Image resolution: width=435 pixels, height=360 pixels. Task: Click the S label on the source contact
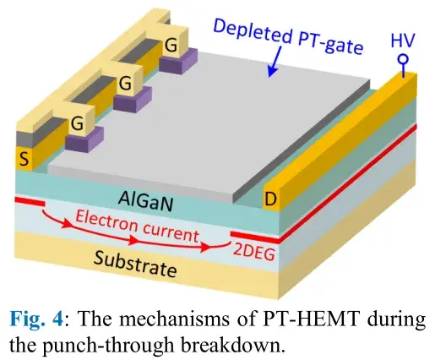tap(24, 158)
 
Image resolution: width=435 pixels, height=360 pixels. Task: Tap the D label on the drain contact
tap(270, 199)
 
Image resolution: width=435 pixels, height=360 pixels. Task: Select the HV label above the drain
tap(403, 41)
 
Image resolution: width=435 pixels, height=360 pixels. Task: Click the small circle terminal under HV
tap(403, 59)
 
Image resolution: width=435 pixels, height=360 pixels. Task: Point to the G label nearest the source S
tap(77, 123)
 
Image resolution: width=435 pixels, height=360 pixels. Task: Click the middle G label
tap(125, 84)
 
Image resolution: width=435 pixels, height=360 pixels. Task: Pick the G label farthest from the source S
tap(171, 45)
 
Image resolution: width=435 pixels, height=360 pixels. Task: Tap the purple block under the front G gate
tap(84, 139)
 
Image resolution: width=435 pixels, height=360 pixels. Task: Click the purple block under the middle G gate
tap(133, 100)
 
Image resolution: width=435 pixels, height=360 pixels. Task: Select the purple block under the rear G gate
tap(178, 61)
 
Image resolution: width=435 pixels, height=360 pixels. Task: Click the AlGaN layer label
tap(145, 200)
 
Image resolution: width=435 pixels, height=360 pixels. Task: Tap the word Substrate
tap(135, 264)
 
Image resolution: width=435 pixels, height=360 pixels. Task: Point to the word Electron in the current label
tap(106, 222)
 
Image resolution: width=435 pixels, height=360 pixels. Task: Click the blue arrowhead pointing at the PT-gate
tap(272, 71)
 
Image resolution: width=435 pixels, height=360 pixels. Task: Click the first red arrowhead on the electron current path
tap(67, 224)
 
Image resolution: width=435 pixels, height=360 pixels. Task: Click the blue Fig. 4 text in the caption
tap(35, 320)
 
